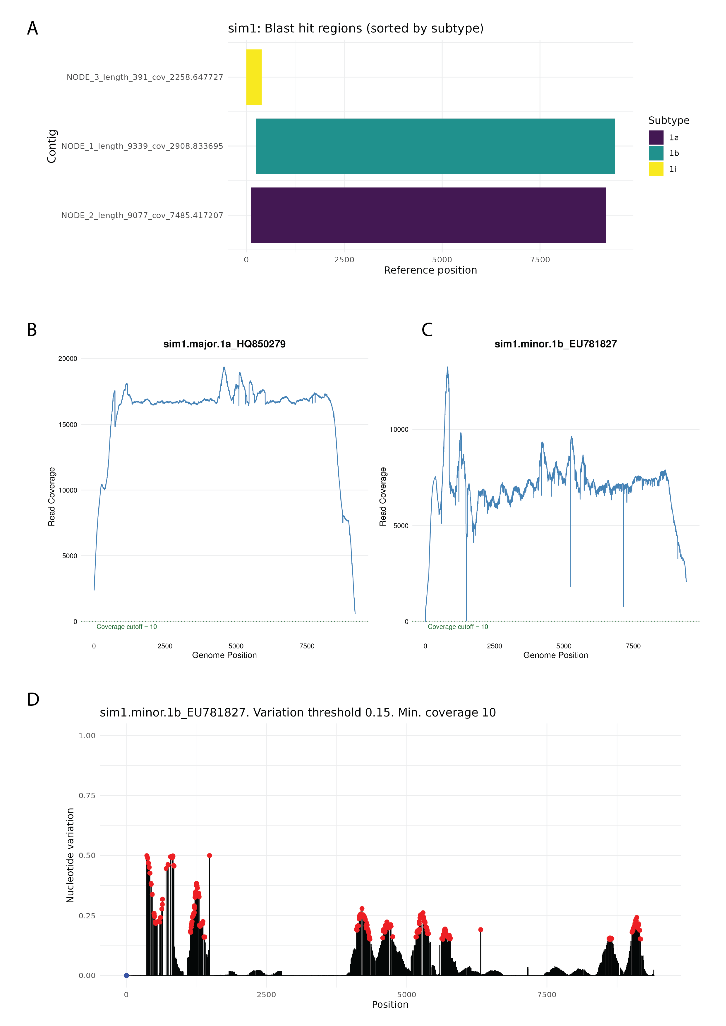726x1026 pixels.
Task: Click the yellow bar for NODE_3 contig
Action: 254,77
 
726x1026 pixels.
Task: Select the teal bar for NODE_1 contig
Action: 435,146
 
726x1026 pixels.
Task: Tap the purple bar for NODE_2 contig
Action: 428,215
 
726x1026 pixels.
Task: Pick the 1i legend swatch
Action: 656,169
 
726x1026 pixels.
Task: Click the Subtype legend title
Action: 668,121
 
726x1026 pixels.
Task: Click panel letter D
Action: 33,699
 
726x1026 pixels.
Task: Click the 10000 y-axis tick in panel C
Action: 399,429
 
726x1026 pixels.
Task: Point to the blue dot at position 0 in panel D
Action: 126,975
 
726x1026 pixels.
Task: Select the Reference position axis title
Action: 430,270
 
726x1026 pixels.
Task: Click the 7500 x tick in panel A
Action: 540,260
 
